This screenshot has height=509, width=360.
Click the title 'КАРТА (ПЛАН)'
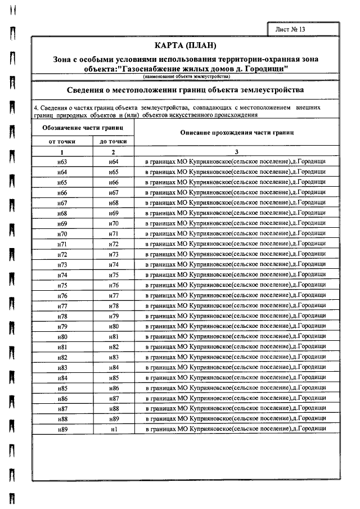click(184, 46)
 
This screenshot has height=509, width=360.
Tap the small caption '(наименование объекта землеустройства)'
click(185, 76)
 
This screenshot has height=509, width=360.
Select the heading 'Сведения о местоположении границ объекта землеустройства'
click(185, 89)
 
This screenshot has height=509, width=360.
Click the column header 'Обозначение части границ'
click(83, 128)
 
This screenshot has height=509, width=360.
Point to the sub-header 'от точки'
click(62, 142)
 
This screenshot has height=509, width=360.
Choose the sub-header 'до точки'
click(113, 142)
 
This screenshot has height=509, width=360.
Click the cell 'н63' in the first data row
click(62, 162)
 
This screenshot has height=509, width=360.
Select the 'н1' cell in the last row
click(113, 429)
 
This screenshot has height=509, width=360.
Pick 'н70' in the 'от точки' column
click(62, 234)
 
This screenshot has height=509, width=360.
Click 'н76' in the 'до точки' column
click(113, 285)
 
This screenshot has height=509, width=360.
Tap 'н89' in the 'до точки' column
click(113, 419)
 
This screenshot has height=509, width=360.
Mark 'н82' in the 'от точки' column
click(62, 357)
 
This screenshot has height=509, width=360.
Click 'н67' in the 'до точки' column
click(113, 193)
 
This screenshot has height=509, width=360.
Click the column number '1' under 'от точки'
click(62, 152)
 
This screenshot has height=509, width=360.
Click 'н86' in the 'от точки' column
click(62, 398)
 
